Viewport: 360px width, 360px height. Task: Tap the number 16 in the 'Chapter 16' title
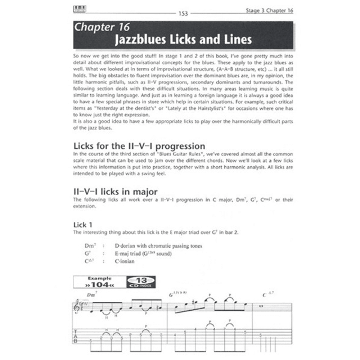coord(122,28)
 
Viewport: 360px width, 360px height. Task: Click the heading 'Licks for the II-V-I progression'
coord(139,146)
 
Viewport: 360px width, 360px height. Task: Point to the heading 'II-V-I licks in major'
coord(115,192)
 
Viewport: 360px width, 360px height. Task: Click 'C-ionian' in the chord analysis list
coord(125,261)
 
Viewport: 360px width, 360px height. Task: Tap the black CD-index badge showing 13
coord(141,282)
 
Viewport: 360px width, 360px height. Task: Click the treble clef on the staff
coord(77,307)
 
